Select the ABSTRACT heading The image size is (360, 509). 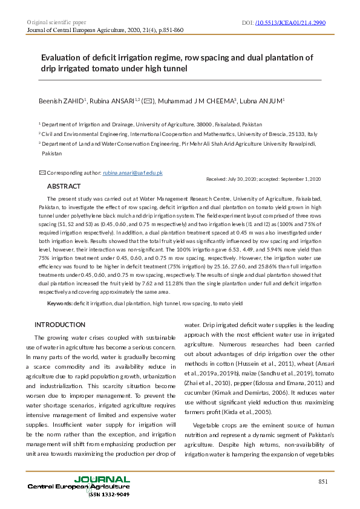point(64,186)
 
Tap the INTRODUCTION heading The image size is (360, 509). point(61,325)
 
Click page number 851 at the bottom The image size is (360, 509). point(322,481)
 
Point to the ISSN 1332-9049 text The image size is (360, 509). point(109,494)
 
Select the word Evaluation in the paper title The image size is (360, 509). point(65,58)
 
